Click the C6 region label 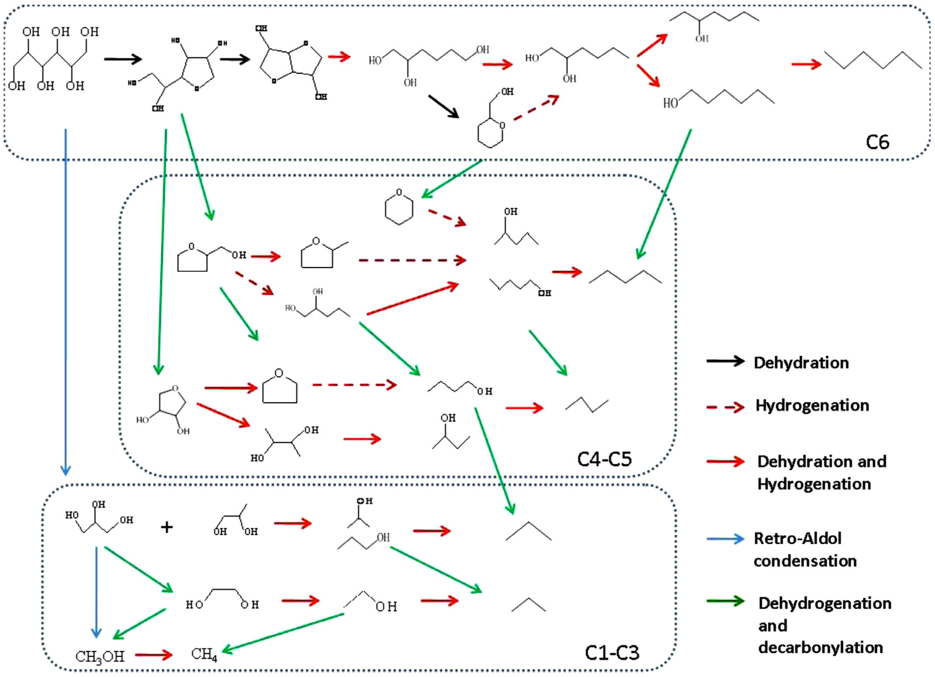coord(877,142)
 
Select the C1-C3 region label coord(612,653)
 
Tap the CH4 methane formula coord(204,654)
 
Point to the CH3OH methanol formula coord(100,656)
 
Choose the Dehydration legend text coord(801,363)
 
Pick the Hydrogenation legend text coord(812,406)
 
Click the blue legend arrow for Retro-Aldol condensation coord(725,539)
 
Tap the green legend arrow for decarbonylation coord(725,601)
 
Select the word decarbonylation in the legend coord(820,648)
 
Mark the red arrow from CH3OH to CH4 coord(153,655)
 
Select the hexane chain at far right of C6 coord(873,60)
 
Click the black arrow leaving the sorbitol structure coord(122,59)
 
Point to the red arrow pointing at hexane coord(806,64)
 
